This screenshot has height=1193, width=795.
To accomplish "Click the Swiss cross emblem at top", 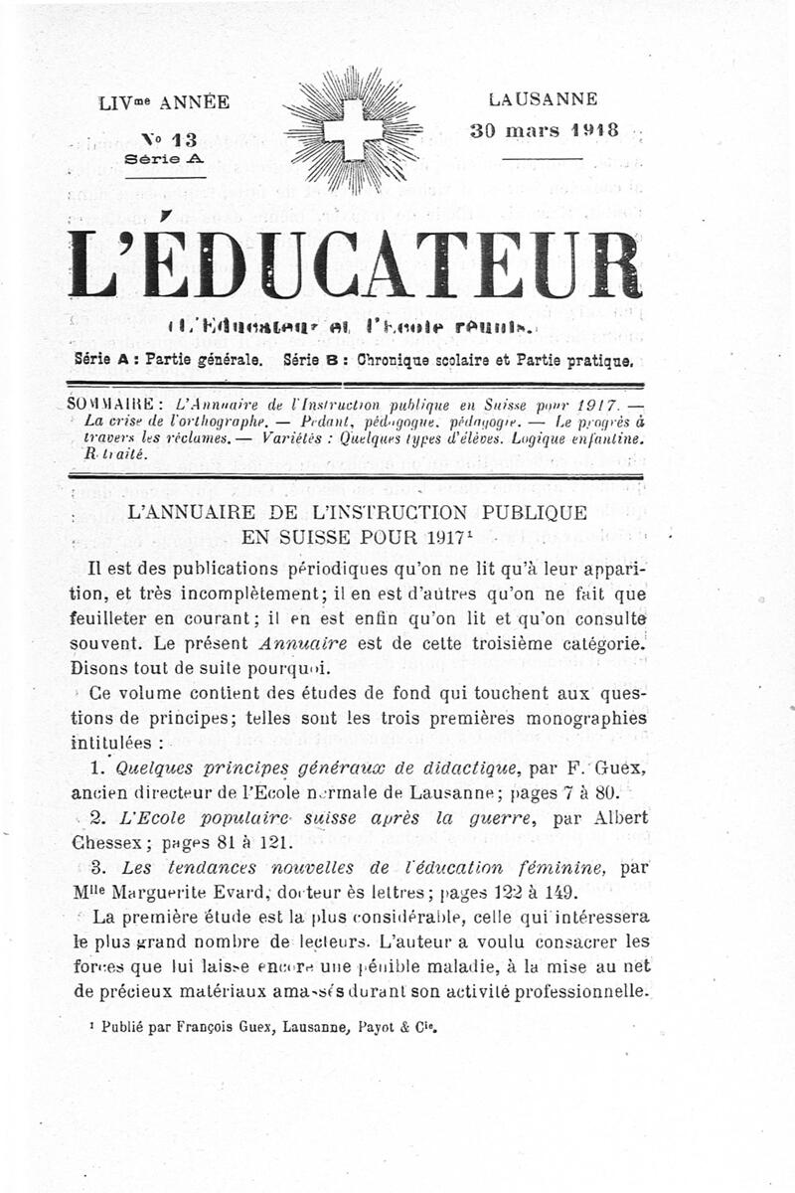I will (353, 130).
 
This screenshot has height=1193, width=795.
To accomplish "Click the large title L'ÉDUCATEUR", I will (354, 265).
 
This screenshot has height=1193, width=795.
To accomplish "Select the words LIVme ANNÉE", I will (164, 101).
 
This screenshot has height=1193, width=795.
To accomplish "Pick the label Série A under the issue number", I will (165, 159).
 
